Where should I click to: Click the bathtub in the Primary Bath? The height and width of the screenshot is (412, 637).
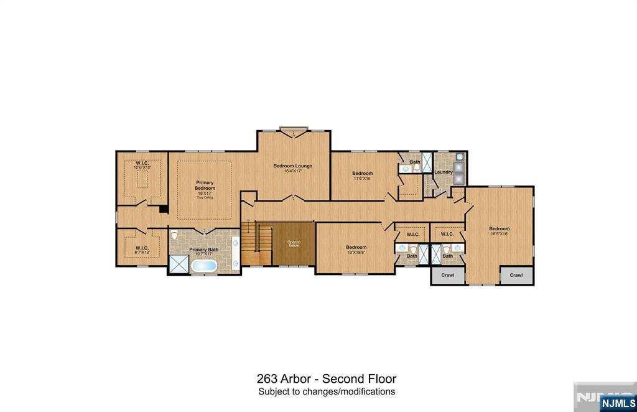[x=204, y=266]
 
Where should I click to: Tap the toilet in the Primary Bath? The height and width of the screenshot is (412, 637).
[x=174, y=236]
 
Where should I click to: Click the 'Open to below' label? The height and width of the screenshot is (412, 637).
[x=294, y=244]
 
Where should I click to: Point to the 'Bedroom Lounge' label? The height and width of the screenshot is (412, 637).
[x=293, y=166]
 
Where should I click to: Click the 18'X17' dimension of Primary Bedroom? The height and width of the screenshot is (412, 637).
[x=205, y=193]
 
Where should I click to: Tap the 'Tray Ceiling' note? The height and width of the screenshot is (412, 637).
[x=205, y=197]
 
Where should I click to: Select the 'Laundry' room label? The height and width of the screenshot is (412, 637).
[x=443, y=172]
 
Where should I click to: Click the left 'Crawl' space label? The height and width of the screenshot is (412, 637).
[x=448, y=275]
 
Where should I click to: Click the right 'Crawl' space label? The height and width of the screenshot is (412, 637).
[x=516, y=275]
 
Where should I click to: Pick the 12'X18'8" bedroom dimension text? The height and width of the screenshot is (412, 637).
[x=356, y=252]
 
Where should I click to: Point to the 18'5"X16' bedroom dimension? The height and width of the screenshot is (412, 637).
[x=499, y=233]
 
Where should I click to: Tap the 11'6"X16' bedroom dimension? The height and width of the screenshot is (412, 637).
[x=362, y=178]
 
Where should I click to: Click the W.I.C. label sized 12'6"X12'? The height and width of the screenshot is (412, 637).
[x=142, y=167]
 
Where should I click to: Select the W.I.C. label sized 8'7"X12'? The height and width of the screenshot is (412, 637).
[x=142, y=252]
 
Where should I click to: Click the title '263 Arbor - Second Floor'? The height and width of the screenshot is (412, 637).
[x=326, y=378]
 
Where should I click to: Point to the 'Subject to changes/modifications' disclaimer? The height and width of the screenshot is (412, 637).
[x=327, y=392]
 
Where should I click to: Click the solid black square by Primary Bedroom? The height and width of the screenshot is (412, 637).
[x=164, y=209]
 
